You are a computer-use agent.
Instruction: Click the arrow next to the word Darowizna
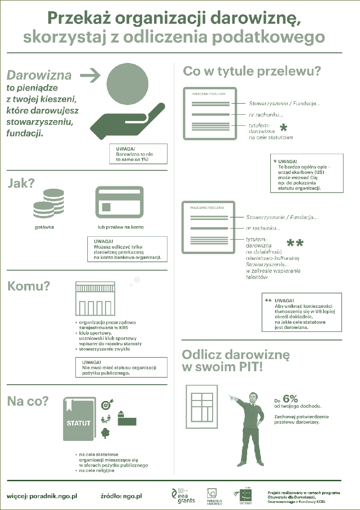pyautogui.click(x=90, y=74)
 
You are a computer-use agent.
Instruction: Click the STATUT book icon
pyautogui.click(x=79, y=419)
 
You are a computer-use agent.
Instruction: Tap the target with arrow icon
pyautogui.click(x=107, y=405)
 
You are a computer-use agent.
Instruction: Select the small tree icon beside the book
pyautogui.click(x=106, y=433)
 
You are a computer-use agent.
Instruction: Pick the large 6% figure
pyautogui.click(x=290, y=398)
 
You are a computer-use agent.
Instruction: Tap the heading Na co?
pyautogui.click(x=27, y=401)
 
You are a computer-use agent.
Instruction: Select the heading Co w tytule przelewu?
pyautogui.click(x=252, y=72)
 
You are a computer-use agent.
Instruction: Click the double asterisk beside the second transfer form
pyautogui.click(x=295, y=243)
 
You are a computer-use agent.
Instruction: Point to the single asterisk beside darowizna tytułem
pyautogui.click(x=284, y=128)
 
